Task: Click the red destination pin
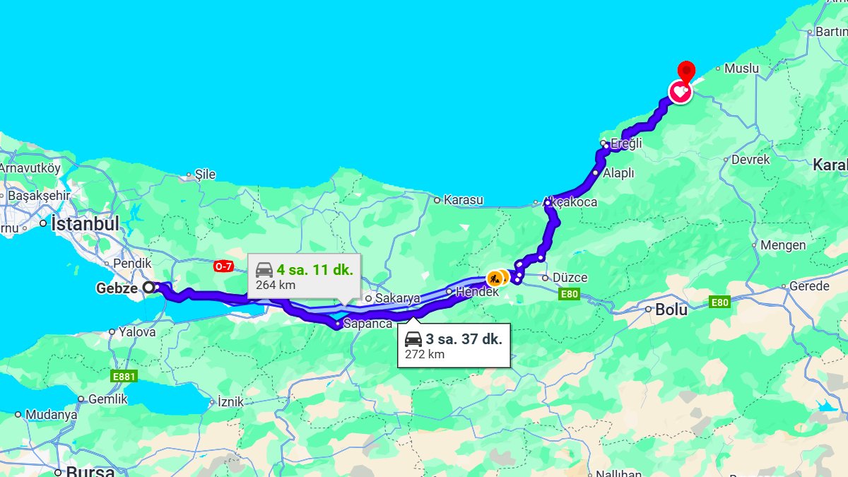pyautogui.click(x=685, y=72)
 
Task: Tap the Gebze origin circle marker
pyautogui.click(x=149, y=288)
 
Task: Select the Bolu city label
pyautogui.click(x=671, y=309)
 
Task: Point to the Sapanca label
pyautogui.click(x=367, y=324)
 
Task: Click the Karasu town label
pyautogui.click(x=463, y=200)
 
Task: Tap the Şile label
pyautogui.click(x=205, y=174)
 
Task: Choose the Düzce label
pyautogui.click(x=570, y=278)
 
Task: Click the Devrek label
pyautogui.click(x=750, y=160)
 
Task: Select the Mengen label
pyautogui.click(x=783, y=245)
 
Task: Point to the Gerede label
pyautogui.click(x=809, y=286)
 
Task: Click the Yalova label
pyautogui.click(x=137, y=331)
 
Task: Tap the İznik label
pyautogui.click(x=230, y=401)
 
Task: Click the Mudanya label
pyautogui.click(x=51, y=415)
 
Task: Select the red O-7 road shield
pyautogui.click(x=223, y=266)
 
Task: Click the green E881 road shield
pyautogui.click(x=123, y=377)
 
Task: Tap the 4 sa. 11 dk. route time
pyautogui.click(x=314, y=269)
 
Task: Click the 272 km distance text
pyautogui.click(x=425, y=354)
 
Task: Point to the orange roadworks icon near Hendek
pyautogui.click(x=495, y=278)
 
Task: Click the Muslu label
pyautogui.click(x=741, y=69)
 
